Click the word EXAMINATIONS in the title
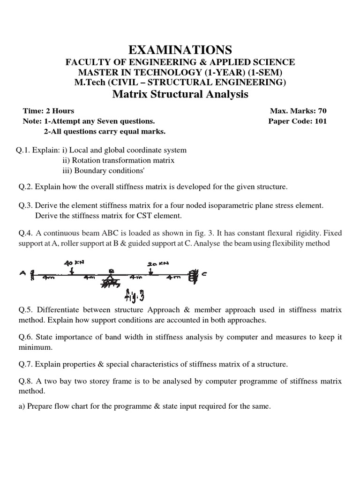(x=180, y=49)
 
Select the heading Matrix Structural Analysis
(x=180, y=94)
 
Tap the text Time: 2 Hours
(x=49, y=111)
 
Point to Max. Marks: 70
(x=298, y=111)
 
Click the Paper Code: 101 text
(x=297, y=121)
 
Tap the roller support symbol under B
(x=112, y=282)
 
